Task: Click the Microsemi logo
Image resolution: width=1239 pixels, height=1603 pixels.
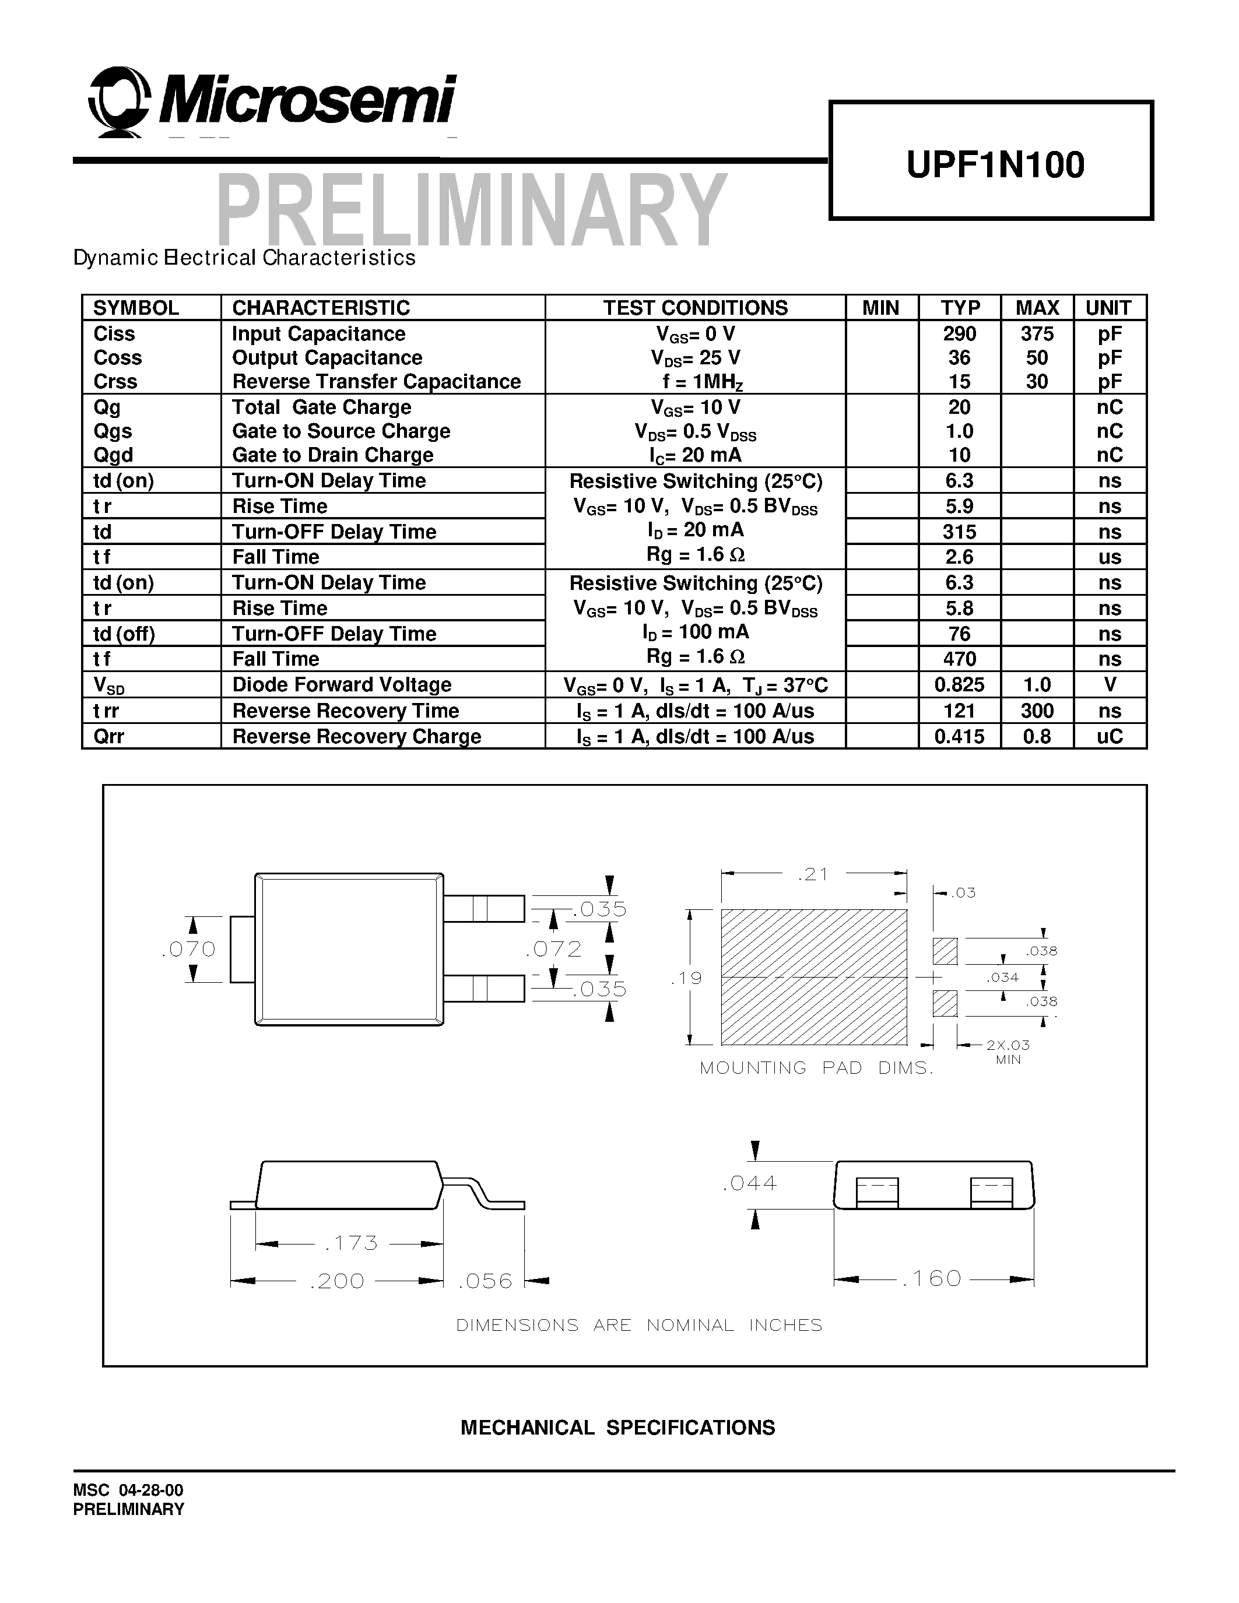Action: coord(272,102)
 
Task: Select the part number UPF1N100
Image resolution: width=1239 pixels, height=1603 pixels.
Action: coord(995,164)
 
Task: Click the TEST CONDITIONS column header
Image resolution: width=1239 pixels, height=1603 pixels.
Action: coord(695,308)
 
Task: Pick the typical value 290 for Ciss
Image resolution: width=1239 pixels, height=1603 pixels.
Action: coord(959,334)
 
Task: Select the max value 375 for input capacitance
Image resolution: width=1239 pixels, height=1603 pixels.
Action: coord(1037,334)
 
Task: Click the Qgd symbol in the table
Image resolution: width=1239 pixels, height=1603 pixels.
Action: coord(113,455)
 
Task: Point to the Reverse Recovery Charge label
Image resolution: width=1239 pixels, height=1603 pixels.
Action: coord(357,736)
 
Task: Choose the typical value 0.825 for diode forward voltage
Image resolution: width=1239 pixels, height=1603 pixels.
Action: coord(959,685)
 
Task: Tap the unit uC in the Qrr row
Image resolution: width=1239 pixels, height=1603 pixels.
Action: coord(1109,736)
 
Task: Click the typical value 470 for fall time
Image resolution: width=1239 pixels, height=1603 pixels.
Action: coord(959,659)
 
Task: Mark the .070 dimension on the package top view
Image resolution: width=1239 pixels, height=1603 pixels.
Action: coord(189,949)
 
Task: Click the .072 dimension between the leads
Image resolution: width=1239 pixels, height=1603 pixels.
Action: coord(554,949)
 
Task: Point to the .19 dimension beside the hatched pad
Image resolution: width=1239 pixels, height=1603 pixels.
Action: coord(686,978)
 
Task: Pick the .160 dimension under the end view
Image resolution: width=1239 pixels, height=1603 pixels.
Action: coord(932,1278)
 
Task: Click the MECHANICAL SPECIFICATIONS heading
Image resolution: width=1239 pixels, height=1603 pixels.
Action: coord(617,1428)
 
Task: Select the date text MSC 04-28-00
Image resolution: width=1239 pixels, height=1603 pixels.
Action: coord(128,1490)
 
